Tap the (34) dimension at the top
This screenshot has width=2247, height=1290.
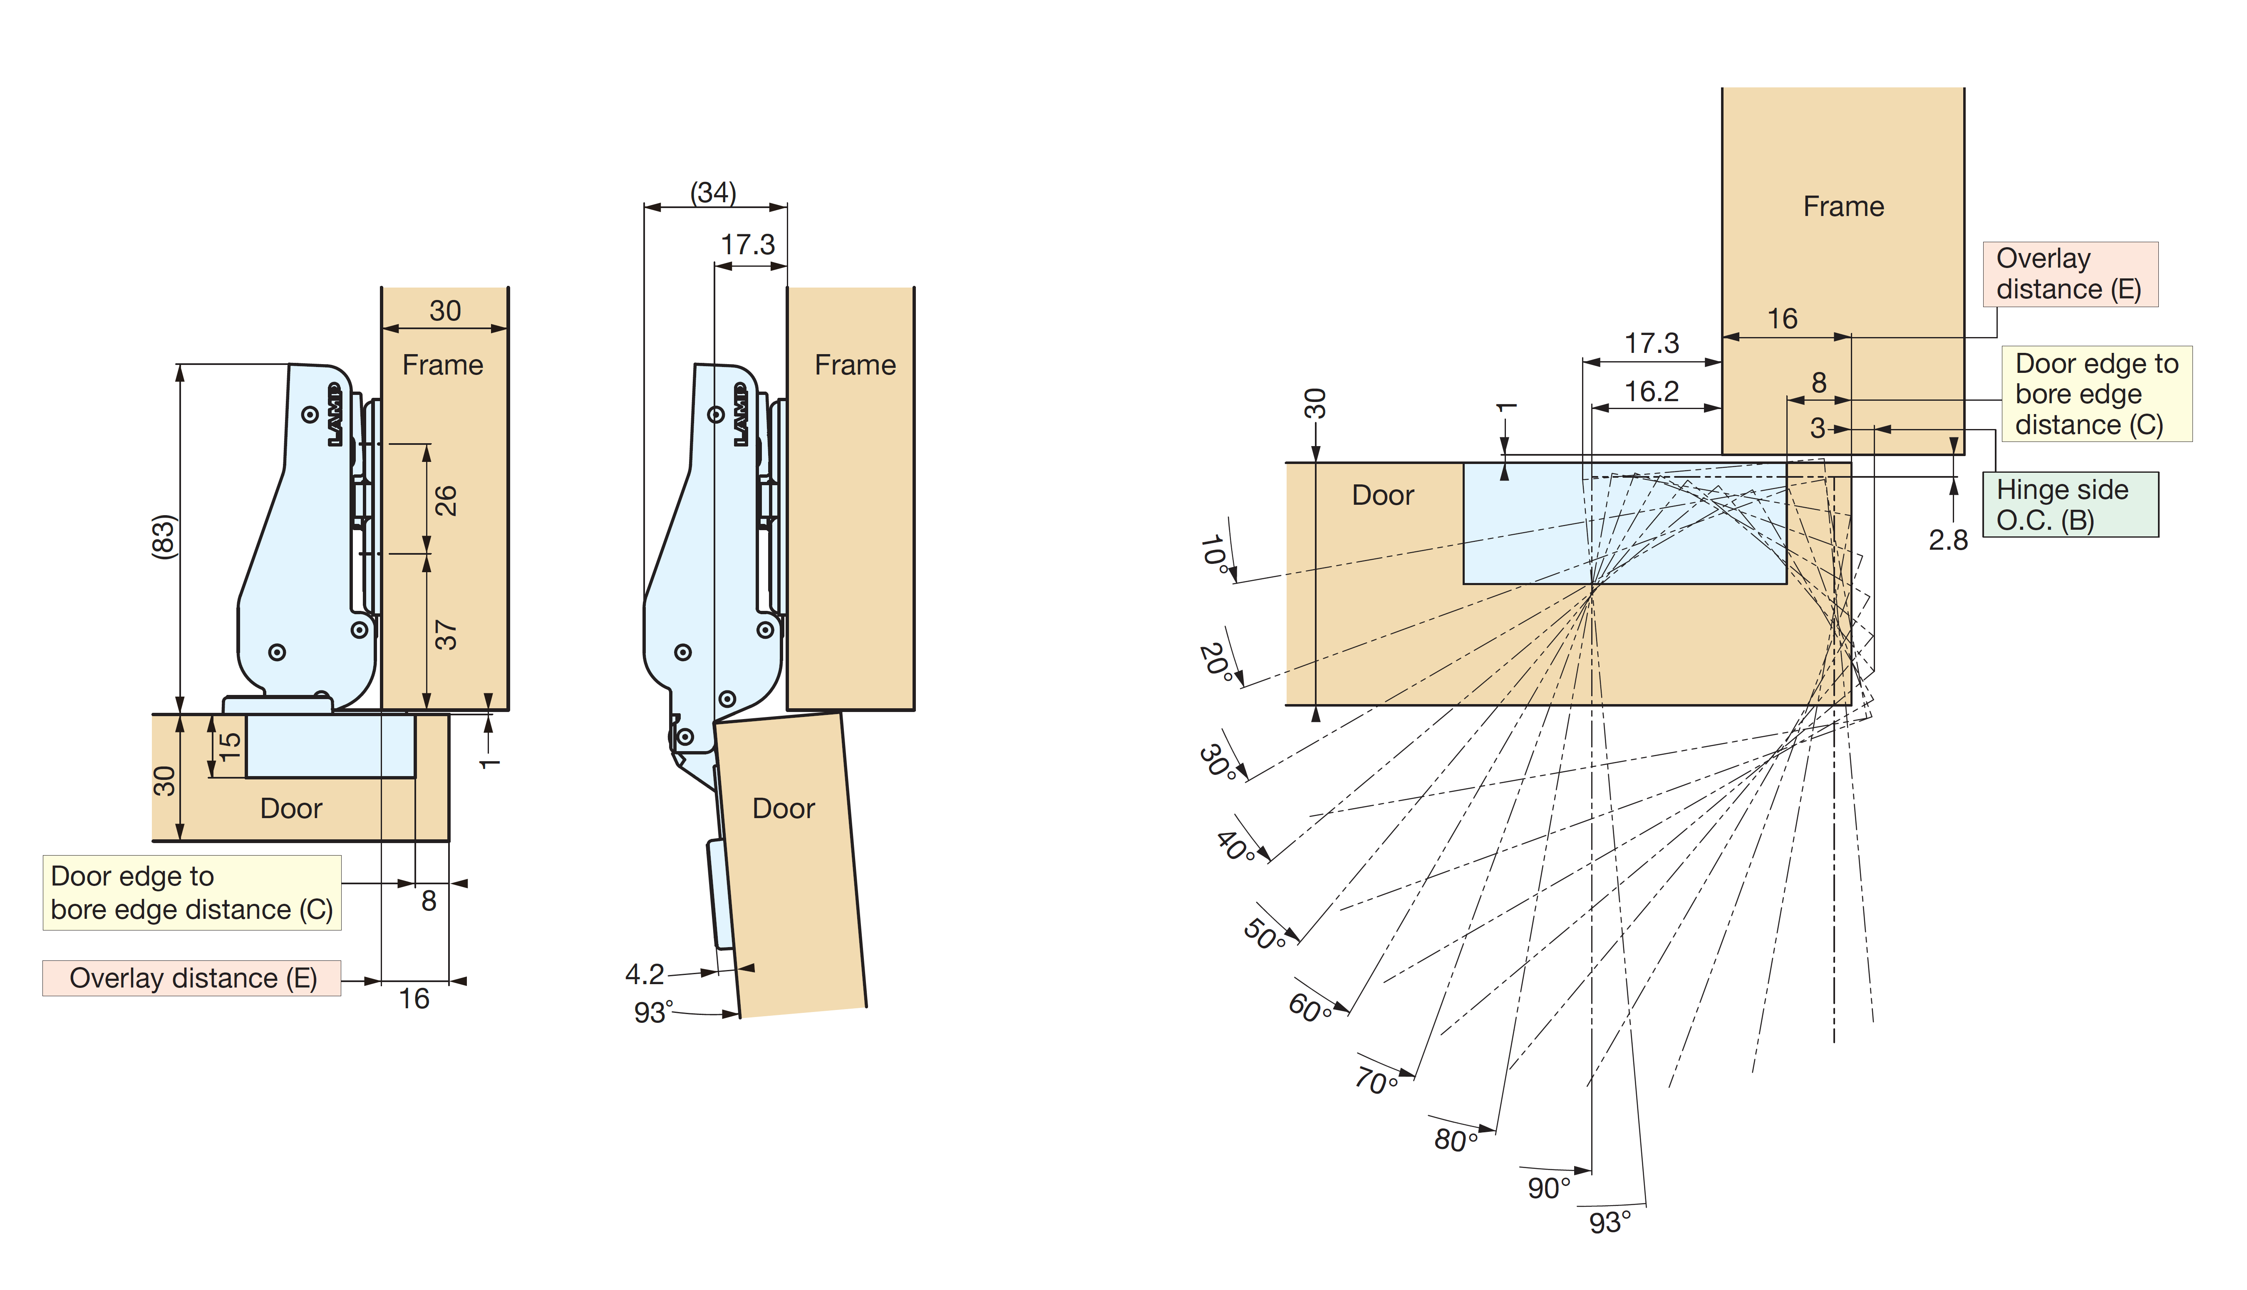pyautogui.click(x=713, y=192)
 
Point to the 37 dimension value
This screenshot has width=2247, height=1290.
pyautogui.click(x=446, y=634)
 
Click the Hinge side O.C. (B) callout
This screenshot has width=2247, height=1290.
pyautogui.click(x=2070, y=504)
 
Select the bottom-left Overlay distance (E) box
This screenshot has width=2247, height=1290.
pyautogui.click(x=192, y=978)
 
